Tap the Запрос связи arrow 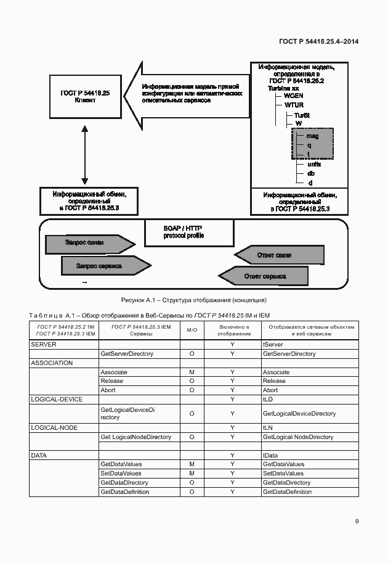coord(87,243)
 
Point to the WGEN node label coord(294,97)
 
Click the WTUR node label coord(294,105)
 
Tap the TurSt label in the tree coord(302,115)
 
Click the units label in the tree coord(314,164)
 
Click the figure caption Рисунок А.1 coord(193,300)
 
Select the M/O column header coord(192,329)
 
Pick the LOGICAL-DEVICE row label coord(57,400)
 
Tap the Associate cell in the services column coord(114,372)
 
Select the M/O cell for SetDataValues coord(192,473)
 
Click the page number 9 coord(357,522)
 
